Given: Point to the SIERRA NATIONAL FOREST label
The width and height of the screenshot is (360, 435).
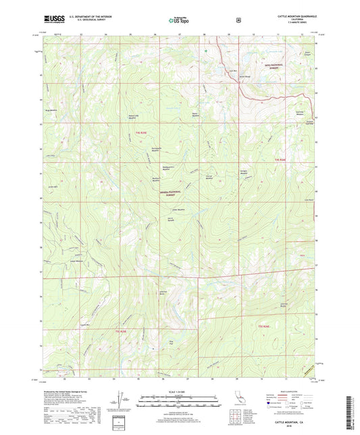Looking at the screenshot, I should click(x=171, y=193).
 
